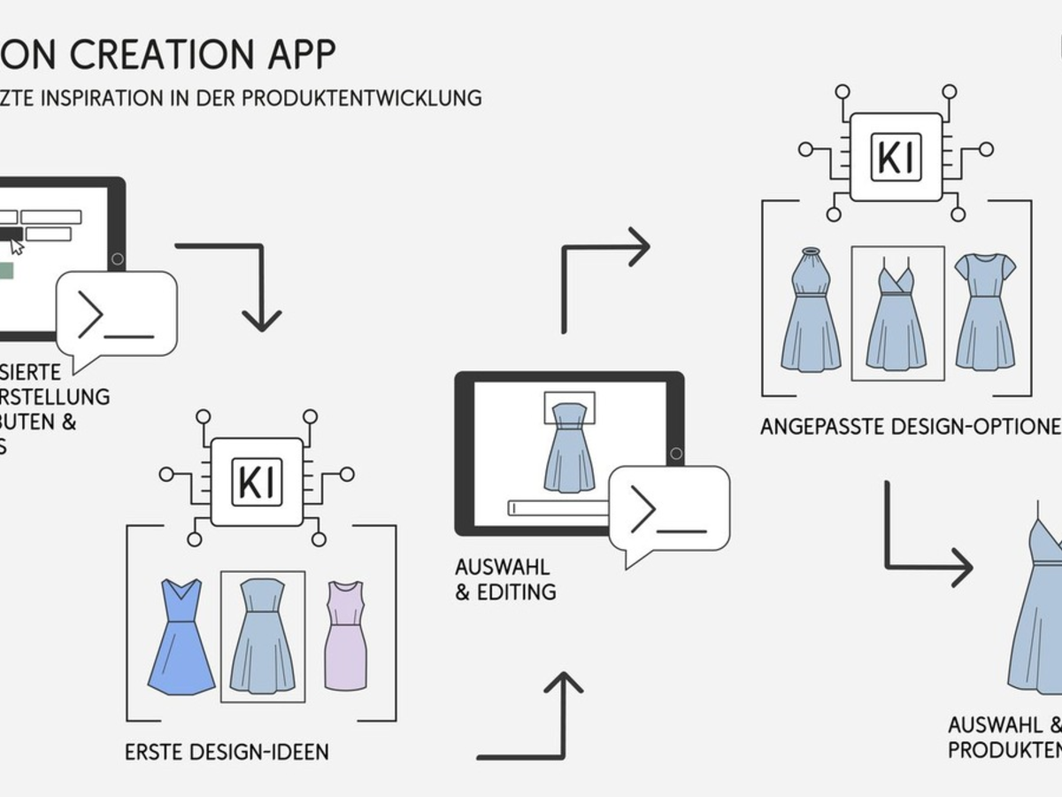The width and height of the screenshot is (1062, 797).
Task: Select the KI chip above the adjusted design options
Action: click(896, 157)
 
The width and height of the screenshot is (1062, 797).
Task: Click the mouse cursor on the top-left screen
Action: click(17, 245)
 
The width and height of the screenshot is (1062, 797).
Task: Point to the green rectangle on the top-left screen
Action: click(5, 270)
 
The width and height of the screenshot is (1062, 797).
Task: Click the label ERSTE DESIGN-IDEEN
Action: click(227, 753)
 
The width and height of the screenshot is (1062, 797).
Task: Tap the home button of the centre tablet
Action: click(673, 453)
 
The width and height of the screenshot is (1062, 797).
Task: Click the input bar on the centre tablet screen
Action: click(558, 507)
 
